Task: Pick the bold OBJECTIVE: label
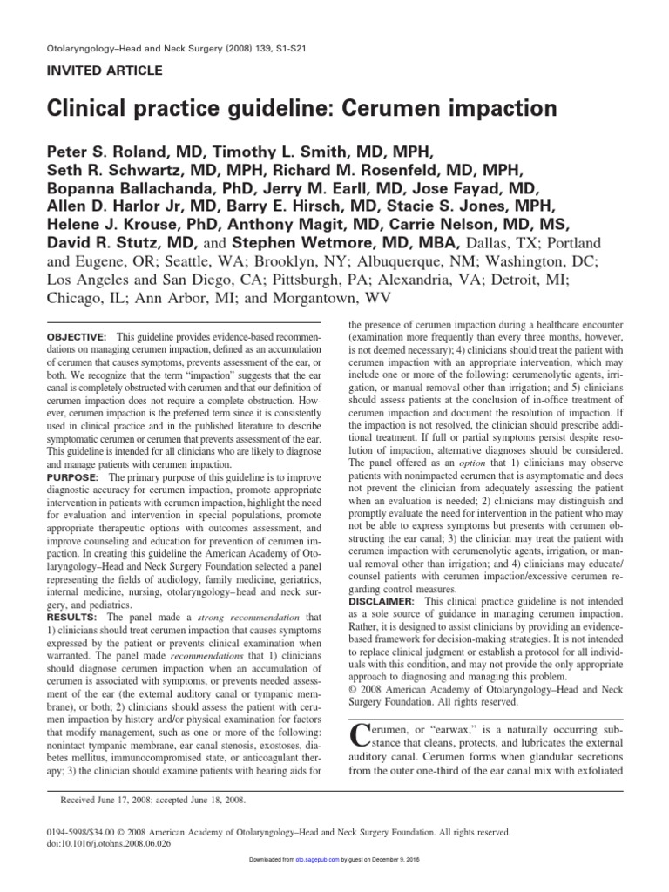tap(77, 337)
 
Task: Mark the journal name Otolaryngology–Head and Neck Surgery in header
tap(139, 47)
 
